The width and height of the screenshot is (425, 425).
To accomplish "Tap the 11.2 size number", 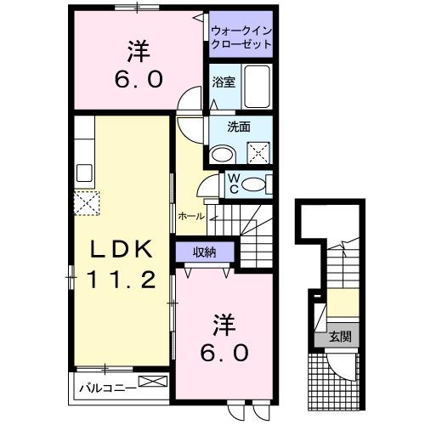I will pos(122,279).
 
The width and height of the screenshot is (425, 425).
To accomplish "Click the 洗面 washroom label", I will pos(239,127).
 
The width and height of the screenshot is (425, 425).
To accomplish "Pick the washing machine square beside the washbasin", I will pos(258,153).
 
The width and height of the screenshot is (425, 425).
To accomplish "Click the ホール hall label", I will pos(191,217).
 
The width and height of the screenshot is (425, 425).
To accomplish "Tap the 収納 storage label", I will pos(203,251).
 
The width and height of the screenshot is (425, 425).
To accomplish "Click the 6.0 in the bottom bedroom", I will pos(225,352).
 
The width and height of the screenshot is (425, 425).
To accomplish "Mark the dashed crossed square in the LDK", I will pos(85,205).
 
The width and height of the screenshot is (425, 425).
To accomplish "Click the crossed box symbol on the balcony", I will pos(150,384).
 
